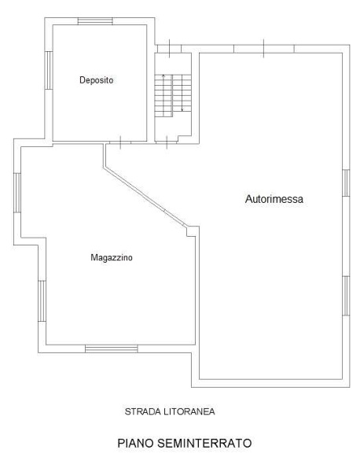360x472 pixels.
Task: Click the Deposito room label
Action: pyautogui.click(x=97, y=80)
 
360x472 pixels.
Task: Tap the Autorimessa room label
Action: pyautogui.click(x=274, y=199)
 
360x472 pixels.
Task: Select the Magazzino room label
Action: pyautogui.click(x=112, y=258)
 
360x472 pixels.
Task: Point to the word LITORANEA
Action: pyautogui.click(x=189, y=411)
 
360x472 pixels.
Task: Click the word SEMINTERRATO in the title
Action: pyautogui.click(x=204, y=443)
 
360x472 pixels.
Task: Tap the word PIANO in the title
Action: pyautogui.click(x=136, y=443)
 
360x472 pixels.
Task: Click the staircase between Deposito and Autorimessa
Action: pyautogui.click(x=173, y=96)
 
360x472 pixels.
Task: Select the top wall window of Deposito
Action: pyautogui.click(x=95, y=21)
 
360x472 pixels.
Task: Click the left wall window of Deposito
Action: pyautogui.click(x=49, y=70)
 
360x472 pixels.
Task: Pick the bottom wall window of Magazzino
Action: pyautogui.click(x=112, y=348)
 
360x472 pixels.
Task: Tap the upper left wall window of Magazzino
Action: pyautogui.click(x=17, y=193)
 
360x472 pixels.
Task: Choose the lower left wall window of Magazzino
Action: pyautogui.click(x=42, y=301)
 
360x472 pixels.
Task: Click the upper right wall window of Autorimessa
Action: pyautogui.click(x=346, y=183)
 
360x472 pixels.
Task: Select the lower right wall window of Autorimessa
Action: pyautogui.click(x=346, y=296)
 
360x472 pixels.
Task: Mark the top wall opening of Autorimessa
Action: pyautogui.click(x=264, y=49)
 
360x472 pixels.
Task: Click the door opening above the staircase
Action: pyautogui.click(x=169, y=49)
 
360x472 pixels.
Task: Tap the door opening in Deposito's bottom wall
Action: pyautogui.click(x=120, y=142)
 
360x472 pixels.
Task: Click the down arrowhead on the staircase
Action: pyautogui.click(x=182, y=109)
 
